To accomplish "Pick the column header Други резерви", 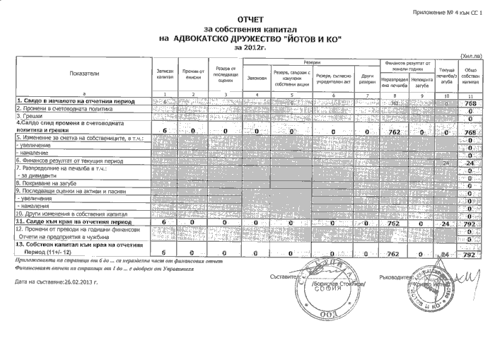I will pos(368,77).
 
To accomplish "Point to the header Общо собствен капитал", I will pos(470,74).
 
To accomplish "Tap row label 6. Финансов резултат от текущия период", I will pos(64,161).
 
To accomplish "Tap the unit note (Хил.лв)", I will pos(471,55).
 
